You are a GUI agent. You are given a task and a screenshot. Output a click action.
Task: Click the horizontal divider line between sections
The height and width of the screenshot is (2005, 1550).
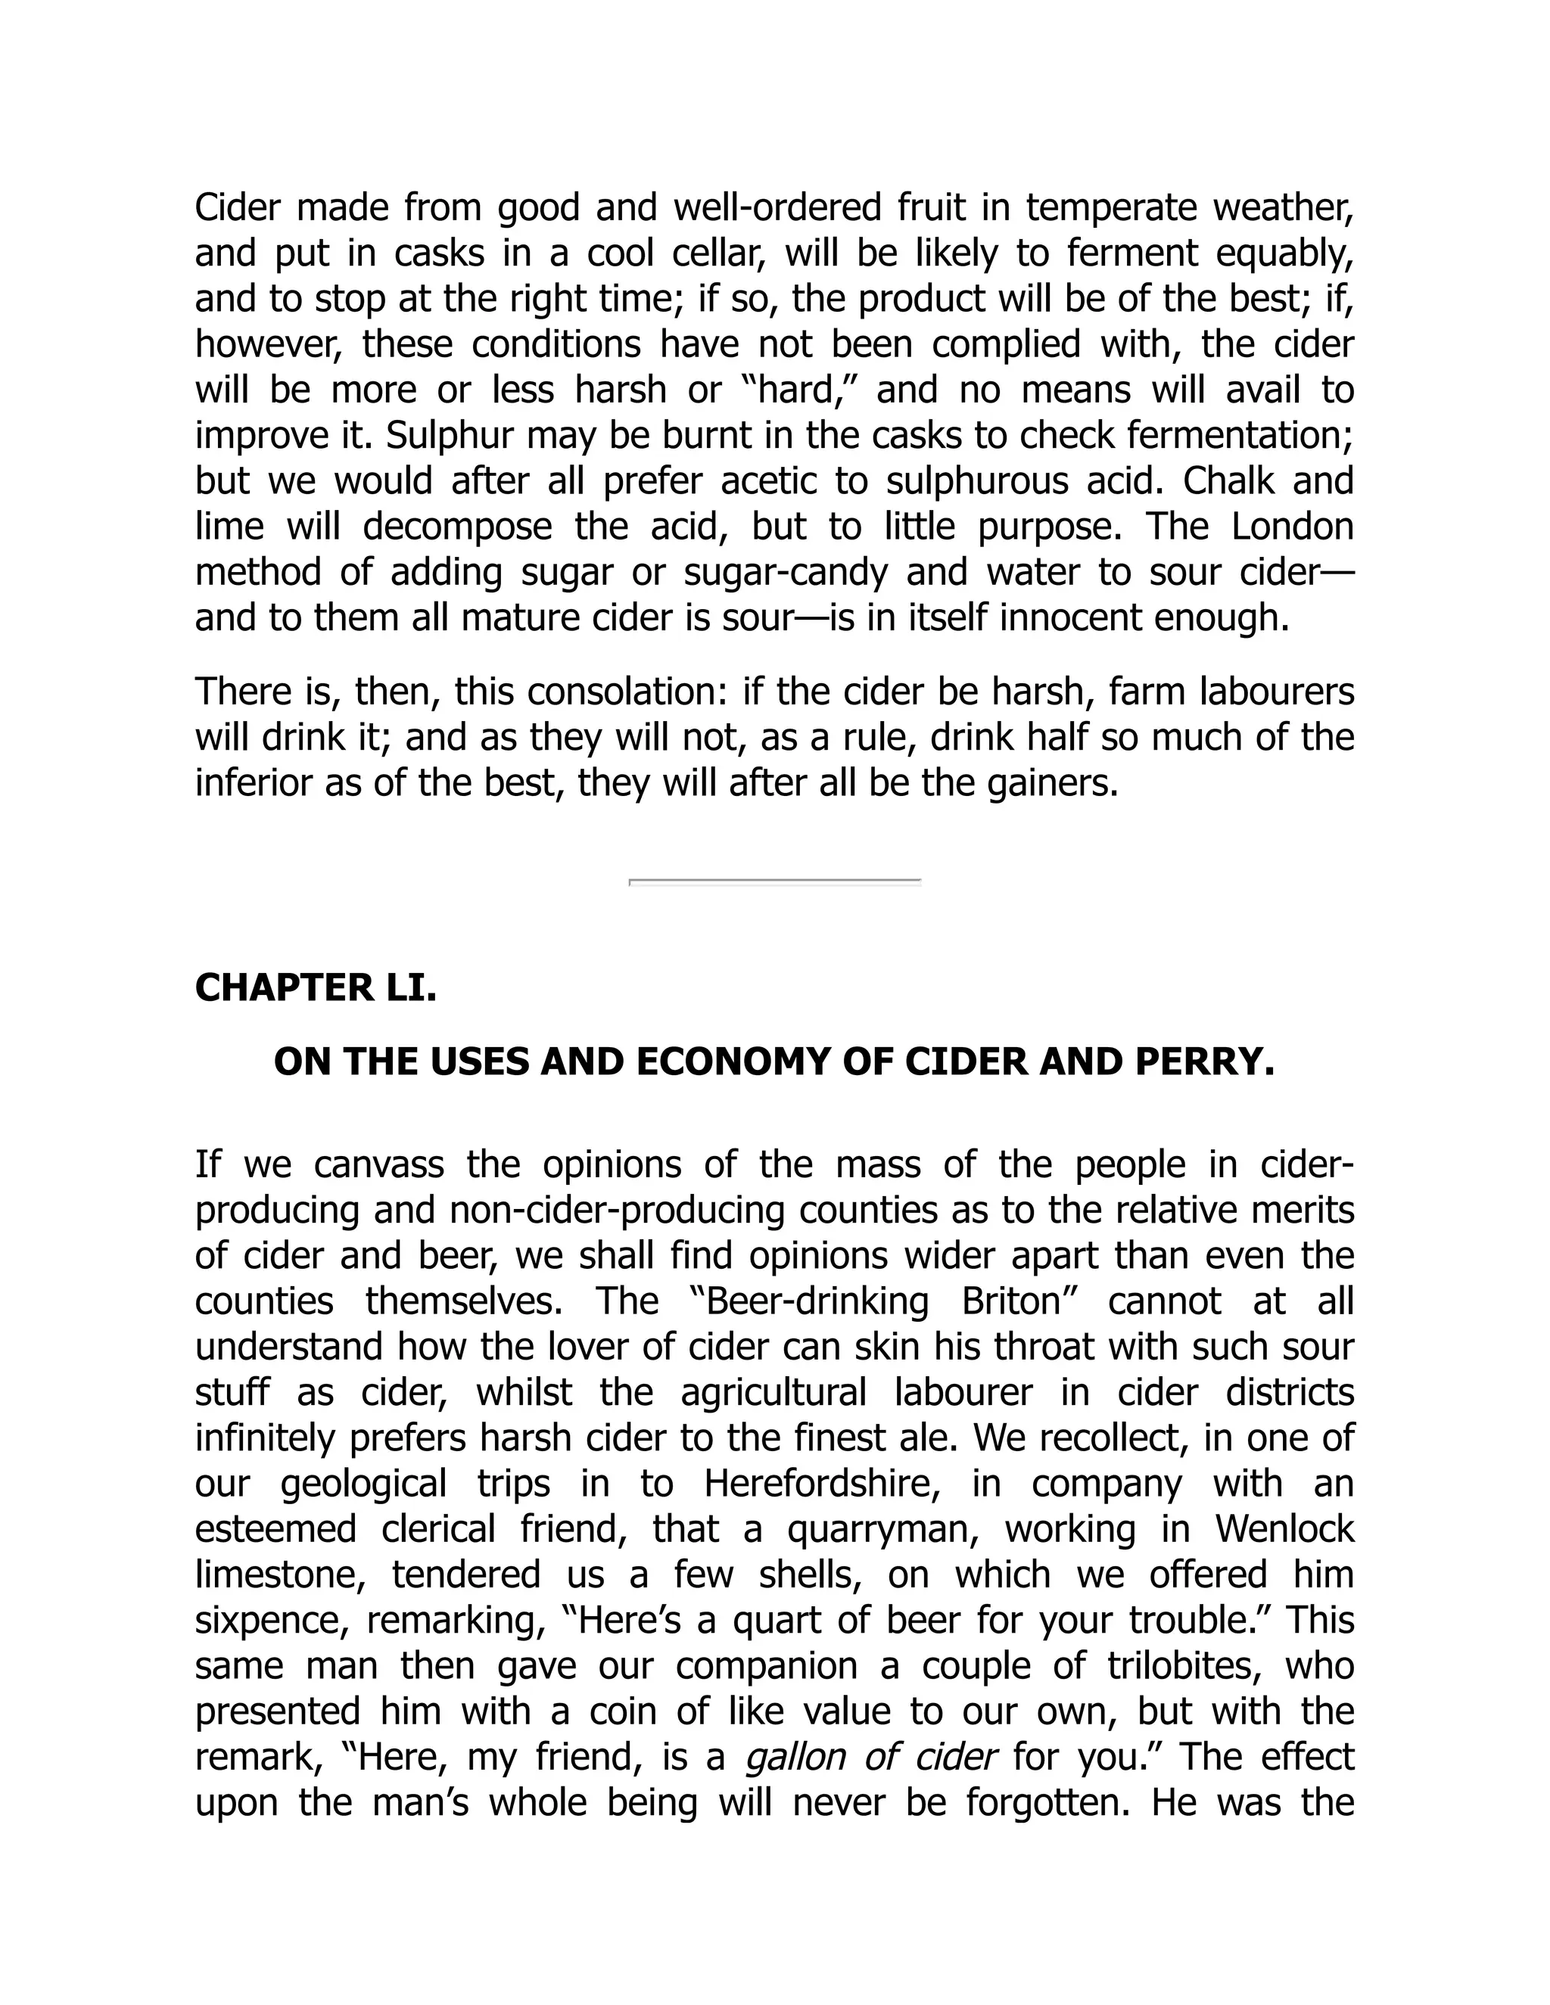[774, 882]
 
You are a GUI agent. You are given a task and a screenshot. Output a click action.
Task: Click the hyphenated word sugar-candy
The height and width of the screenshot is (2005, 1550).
[785, 573]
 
